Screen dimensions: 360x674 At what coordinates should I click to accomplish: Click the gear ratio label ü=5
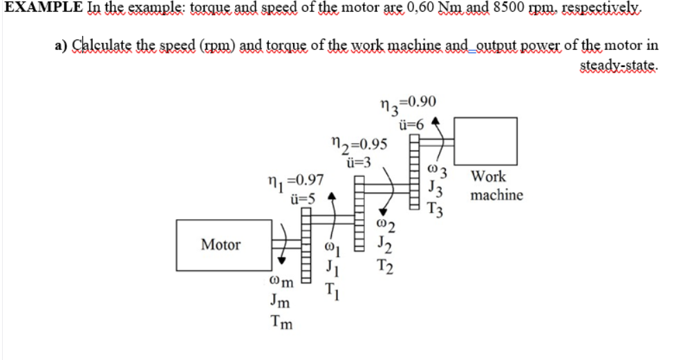[x=303, y=198]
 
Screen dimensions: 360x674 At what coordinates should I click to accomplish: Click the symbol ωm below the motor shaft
[x=281, y=283]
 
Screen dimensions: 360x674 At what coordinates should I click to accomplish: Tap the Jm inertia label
[x=279, y=302]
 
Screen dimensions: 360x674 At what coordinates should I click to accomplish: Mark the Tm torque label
[x=280, y=322]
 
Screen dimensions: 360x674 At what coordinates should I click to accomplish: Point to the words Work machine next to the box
[x=496, y=186]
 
